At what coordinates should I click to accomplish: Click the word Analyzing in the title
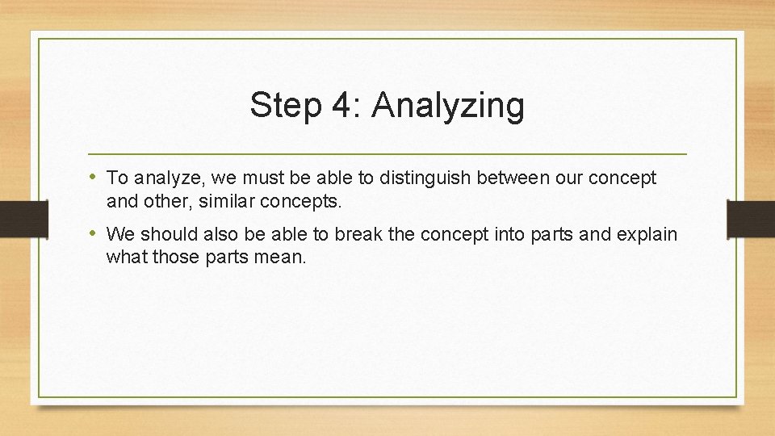448,107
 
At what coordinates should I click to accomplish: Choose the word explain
647,235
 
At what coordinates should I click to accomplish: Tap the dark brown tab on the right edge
751,219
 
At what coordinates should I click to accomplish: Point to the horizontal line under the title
387,153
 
